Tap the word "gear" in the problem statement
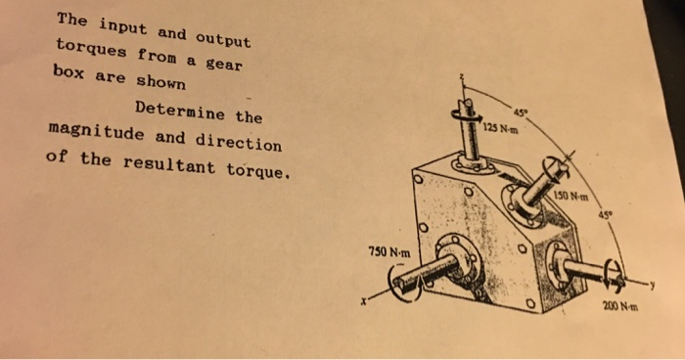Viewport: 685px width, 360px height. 221,66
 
